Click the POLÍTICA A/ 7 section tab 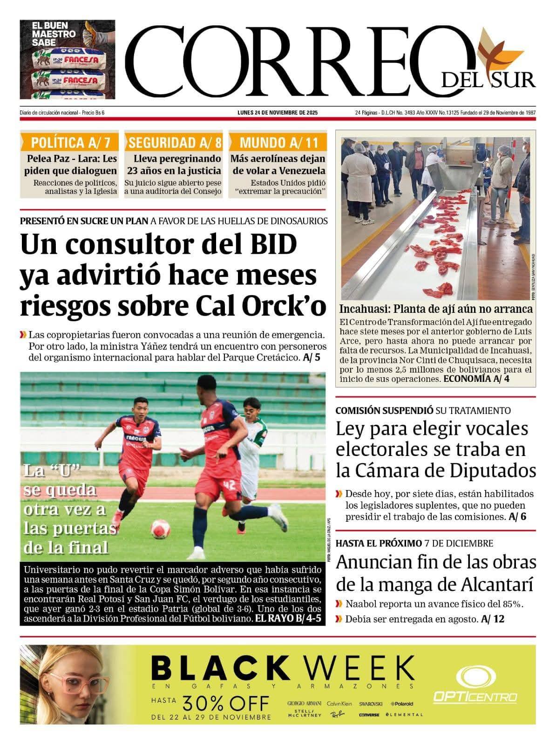[x=70, y=142]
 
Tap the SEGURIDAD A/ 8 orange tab [x=175, y=142]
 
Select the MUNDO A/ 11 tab [x=278, y=142]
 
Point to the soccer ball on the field [x=160, y=529]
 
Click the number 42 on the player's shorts [x=229, y=484]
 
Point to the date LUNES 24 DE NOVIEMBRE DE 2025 [x=278, y=113]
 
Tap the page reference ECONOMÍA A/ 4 [x=476, y=379]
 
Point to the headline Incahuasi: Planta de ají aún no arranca [x=436, y=309]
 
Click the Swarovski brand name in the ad [x=371, y=704]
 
